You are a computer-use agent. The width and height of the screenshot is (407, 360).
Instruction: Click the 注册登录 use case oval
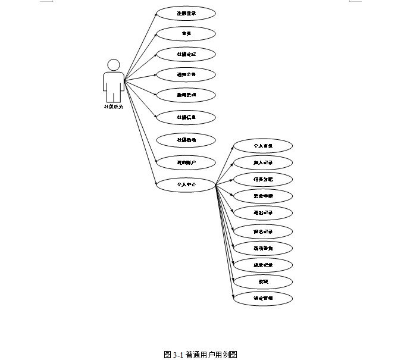pos(186,13)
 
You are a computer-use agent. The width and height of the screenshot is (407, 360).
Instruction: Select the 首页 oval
pos(186,33)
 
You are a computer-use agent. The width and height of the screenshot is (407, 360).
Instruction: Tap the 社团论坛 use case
pos(186,54)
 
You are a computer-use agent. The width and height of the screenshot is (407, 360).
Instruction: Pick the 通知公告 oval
pos(186,75)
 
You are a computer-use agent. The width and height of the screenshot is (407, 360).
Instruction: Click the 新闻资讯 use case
pos(186,95)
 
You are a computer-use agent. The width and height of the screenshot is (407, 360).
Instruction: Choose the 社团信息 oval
pos(186,117)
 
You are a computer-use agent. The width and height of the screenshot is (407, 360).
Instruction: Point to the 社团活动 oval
pos(186,140)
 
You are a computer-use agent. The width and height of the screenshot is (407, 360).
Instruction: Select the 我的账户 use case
pos(186,161)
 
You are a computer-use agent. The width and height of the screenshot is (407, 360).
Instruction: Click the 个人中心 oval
pos(186,184)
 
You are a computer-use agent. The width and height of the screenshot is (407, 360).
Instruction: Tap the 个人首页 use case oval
pos(262,145)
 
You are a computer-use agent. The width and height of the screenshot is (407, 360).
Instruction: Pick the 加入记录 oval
pos(262,162)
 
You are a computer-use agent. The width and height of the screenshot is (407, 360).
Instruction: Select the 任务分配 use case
pos(262,179)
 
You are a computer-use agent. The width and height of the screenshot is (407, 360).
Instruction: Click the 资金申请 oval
pos(262,196)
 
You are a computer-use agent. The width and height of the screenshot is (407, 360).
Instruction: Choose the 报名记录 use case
pos(262,231)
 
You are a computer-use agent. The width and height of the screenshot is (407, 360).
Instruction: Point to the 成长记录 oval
pos(262,265)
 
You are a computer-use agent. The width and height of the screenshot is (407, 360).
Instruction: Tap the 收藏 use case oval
pos(262,281)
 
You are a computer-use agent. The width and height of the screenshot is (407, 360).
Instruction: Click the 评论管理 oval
pos(262,298)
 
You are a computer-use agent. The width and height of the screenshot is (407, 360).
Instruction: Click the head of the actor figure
pos(113,64)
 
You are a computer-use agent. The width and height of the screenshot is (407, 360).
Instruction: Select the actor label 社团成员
pos(113,107)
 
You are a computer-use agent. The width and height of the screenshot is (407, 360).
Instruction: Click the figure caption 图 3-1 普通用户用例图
pos(201,354)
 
